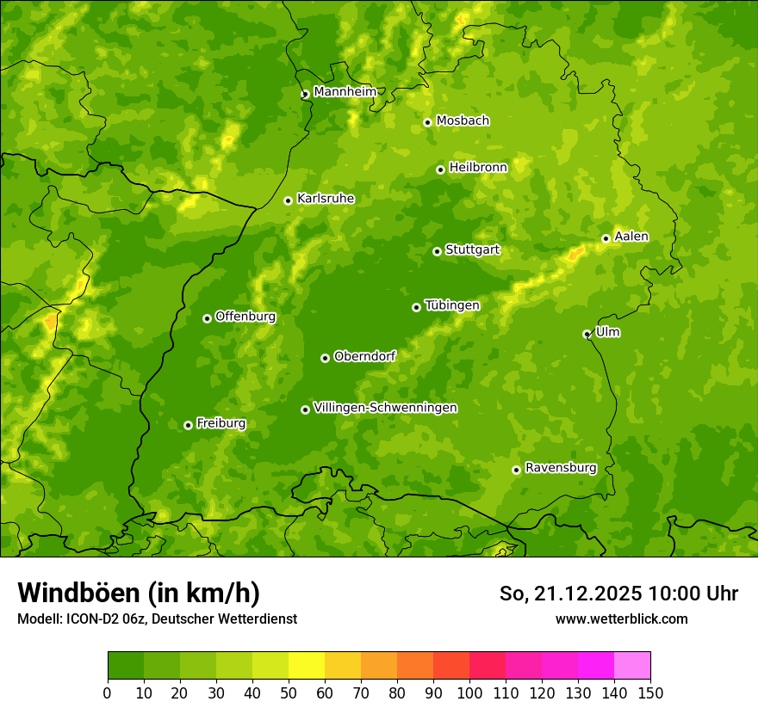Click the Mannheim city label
[x=345, y=91]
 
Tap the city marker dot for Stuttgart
[x=437, y=251]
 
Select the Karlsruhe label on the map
[x=325, y=199]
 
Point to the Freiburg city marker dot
[x=188, y=425]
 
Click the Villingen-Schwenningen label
[x=385, y=408]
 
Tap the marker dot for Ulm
[x=587, y=334]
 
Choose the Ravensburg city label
[x=560, y=468]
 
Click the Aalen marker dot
[x=606, y=238]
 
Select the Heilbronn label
[x=478, y=168]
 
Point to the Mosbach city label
[x=463, y=120]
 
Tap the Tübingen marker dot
[x=416, y=307]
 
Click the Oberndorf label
[x=364, y=356]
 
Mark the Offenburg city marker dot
[x=207, y=318]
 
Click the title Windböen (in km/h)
[x=139, y=593]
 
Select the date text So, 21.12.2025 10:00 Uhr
[x=618, y=594]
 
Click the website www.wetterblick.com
[x=621, y=619]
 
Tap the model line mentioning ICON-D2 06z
[x=157, y=619]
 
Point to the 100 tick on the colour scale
[x=469, y=692]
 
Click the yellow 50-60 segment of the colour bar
[x=307, y=666]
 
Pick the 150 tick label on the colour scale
[x=650, y=692]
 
